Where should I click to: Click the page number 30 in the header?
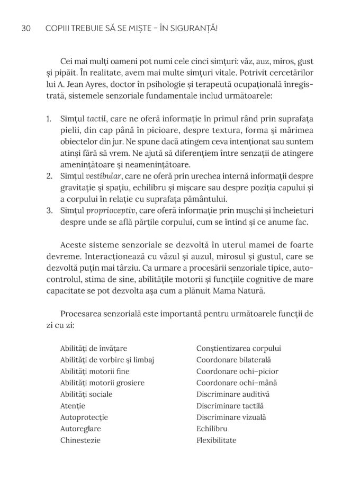pyautogui.click(x=24, y=28)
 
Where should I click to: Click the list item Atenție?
pyautogui.click(x=73, y=406)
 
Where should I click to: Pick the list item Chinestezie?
pyautogui.click(x=81, y=440)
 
